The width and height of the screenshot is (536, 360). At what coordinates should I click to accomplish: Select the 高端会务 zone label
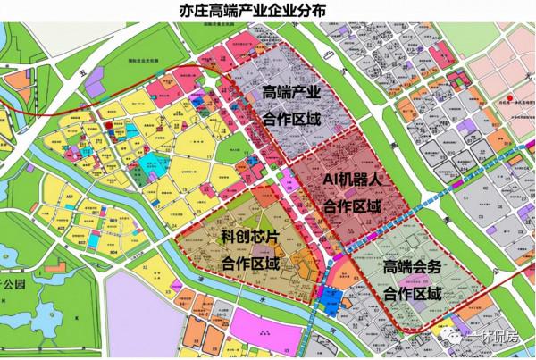tap(413, 267)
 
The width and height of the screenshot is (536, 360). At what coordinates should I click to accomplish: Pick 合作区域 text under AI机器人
tap(352, 206)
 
